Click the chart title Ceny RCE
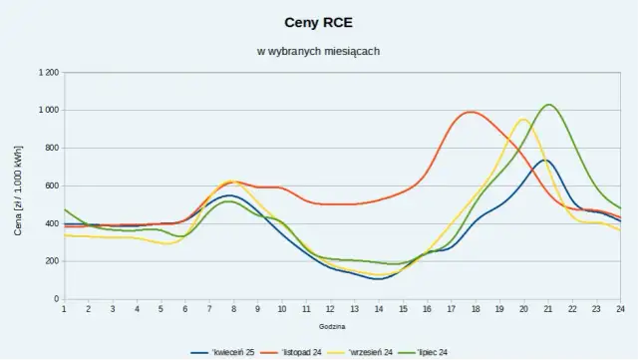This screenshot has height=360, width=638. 319,20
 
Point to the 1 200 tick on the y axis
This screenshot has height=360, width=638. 47,73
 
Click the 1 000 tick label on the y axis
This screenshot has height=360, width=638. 47,111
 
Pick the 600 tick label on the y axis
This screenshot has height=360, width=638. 51,185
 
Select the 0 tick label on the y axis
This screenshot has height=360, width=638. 56,299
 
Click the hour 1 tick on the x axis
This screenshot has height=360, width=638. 64,310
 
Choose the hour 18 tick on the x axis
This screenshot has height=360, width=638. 476,310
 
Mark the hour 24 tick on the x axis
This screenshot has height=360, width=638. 620,310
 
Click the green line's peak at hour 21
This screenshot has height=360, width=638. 548,105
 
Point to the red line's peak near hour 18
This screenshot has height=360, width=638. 472,112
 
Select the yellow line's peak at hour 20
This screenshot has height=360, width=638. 523,120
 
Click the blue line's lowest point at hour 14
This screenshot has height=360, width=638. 378,279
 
